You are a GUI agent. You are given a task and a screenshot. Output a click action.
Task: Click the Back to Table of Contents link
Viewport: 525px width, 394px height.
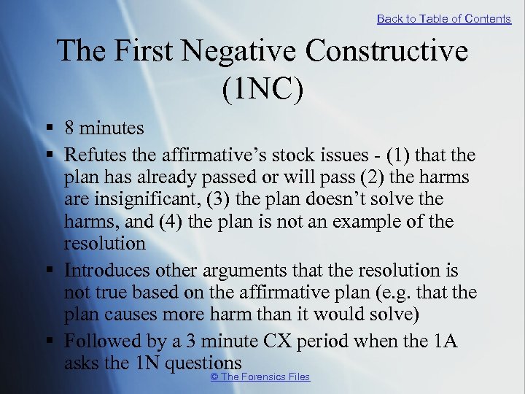coord(443,19)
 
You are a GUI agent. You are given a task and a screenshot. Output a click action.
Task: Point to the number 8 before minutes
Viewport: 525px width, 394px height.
coord(69,128)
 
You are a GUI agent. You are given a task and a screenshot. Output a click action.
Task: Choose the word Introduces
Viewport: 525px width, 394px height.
coord(106,271)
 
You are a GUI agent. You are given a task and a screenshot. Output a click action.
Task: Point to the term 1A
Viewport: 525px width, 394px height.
coord(441,341)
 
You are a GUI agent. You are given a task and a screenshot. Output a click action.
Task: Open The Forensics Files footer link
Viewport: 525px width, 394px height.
coord(260,376)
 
